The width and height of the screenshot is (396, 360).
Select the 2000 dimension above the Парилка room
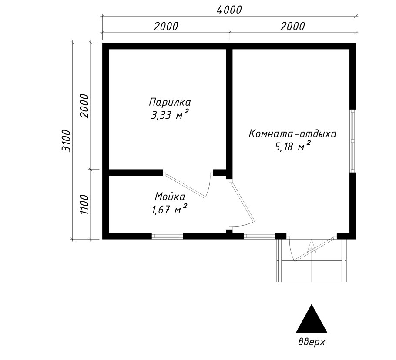click(166, 26)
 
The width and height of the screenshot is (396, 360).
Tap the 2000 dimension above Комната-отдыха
click(292, 26)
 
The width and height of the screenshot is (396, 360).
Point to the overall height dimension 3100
click(67, 140)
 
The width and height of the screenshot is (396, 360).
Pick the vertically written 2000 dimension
click(84, 106)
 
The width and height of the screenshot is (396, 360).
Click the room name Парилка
click(170, 103)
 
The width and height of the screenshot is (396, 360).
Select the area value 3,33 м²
click(170, 115)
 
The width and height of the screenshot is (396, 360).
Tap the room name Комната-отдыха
click(292, 134)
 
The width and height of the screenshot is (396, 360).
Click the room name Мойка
click(170, 197)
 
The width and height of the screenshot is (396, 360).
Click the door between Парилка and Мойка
click(187, 185)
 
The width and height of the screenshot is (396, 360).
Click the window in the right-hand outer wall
click(353, 140)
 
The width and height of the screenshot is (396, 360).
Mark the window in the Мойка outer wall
click(167, 236)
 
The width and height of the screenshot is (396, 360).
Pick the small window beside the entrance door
click(258, 236)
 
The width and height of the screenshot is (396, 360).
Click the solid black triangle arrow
click(312, 320)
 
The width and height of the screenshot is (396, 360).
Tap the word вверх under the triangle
click(312, 342)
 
